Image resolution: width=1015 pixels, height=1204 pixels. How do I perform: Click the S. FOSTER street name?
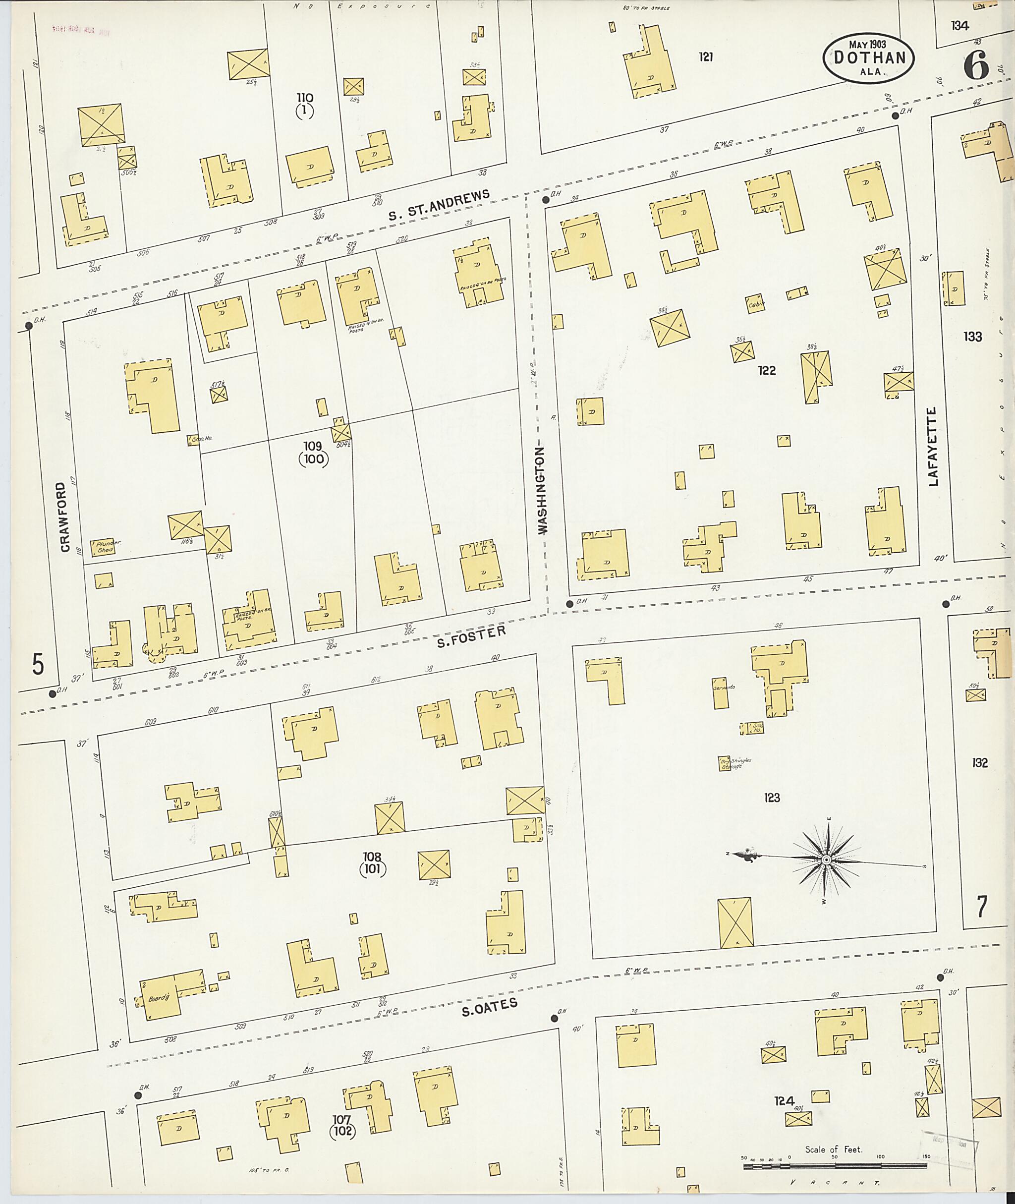[x=471, y=636]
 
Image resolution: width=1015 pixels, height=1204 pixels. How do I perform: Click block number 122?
[x=766, y=371]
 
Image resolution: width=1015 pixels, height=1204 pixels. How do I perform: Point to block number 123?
[x=772, y=797]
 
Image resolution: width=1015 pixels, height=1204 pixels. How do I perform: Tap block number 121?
[x=706, y=57]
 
